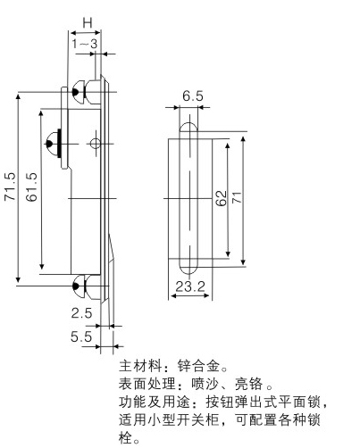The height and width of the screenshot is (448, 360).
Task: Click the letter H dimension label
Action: pyautogui.click(x=88, y=23)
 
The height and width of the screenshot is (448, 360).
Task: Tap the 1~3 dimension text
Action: pyautogui.click(x=85, y=44)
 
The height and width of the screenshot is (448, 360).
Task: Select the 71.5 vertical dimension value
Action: pyautogui.click(x=10, y=187)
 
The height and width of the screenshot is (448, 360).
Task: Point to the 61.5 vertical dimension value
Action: pyautogui.click(x=31, y=187)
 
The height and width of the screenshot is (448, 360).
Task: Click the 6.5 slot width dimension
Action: pyautogui.click(x=193, y=96)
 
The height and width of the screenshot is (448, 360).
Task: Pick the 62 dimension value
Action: pyautogui.click(x=221, y=198)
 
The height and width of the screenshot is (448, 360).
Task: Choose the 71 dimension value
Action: pyautogui.click(x=238, y=197)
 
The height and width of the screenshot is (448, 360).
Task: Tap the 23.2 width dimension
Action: pyautogui.click(x=190, y=286)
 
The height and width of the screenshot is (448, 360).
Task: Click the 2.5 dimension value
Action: pyautogui.click(x=81, y=313)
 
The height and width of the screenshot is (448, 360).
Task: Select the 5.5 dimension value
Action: pyautogui.click(x=81, y=336)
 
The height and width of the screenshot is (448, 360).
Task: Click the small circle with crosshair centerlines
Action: pyautogui.click(x=96, y=144)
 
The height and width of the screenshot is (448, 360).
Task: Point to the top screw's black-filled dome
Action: pyautogui.click(x=75, y=93)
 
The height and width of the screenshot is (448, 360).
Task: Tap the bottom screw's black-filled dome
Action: pyautogui.click(x=76, y=286)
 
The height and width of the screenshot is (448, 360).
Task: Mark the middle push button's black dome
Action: pyautogui.click(x=49, y=144)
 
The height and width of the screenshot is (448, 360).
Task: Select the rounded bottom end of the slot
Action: pyautogui.click(x=188, y=269)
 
